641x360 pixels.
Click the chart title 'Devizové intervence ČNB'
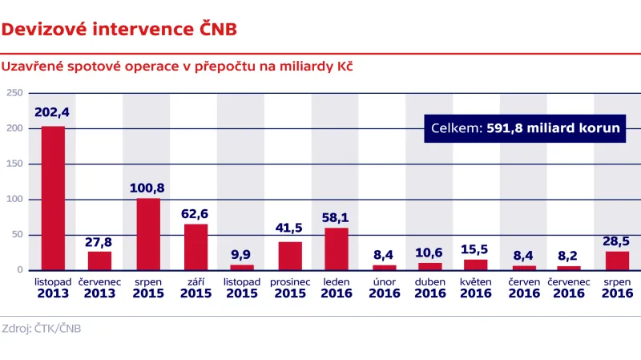[119, 30]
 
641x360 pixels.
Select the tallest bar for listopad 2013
[53, 198]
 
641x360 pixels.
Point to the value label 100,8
[147, 188]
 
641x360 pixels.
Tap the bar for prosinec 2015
[290, 256]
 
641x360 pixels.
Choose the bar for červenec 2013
[100, 261]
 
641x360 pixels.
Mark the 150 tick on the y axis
[14, 164]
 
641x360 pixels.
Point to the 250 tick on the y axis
[14, 93]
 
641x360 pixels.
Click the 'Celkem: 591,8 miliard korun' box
[524, 128]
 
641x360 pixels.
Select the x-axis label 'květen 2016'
[476, 288]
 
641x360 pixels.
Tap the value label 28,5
[616, 240]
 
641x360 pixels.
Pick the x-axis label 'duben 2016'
[430, 288]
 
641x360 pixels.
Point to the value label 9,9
[242, 253]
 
